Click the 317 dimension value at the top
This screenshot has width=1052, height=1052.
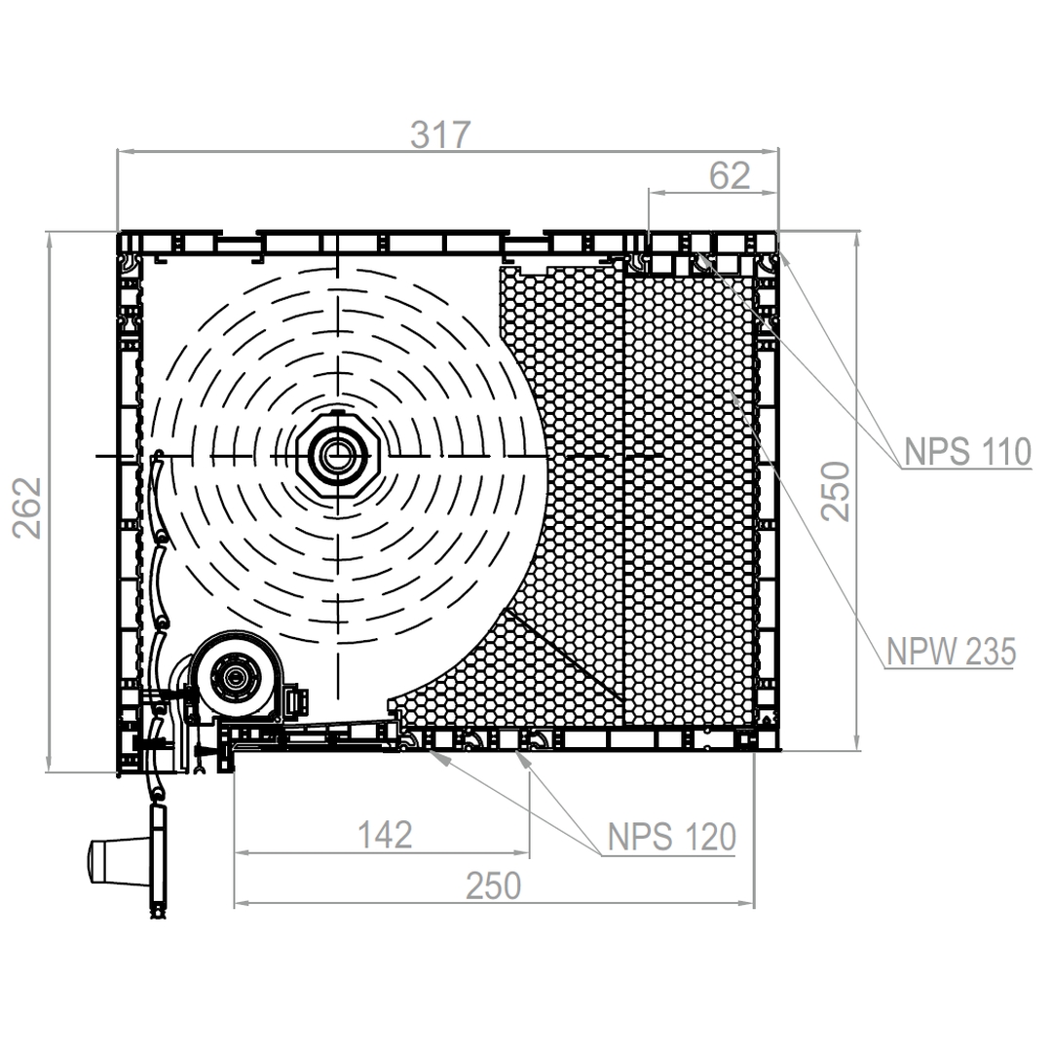point(440,134)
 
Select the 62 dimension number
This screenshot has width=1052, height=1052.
point(730,175)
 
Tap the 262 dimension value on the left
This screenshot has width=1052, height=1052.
point(27,507)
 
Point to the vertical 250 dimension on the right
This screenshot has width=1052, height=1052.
point(836,491)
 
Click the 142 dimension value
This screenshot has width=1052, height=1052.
point(385,835)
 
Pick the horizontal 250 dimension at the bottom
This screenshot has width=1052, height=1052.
point(493,885)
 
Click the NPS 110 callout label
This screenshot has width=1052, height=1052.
point(967,452)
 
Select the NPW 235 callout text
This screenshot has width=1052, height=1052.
point(951,652)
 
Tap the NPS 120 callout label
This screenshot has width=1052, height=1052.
point(671,837)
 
